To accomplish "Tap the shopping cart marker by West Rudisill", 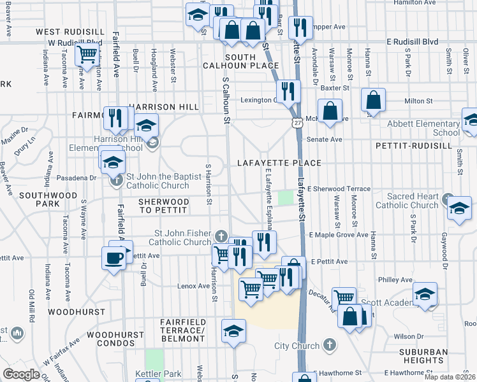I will point(86,55).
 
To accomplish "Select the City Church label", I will point(297,346).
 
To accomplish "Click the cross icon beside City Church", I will point(329,345).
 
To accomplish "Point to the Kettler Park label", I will point(158,374).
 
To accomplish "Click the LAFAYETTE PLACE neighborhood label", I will point(279,163).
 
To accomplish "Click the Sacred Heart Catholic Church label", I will point(407,201).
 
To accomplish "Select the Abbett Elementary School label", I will point(428,129).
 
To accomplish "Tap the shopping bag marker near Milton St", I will point(374,99).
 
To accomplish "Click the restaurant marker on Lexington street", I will point(289,91).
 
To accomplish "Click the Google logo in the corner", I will point(20,374).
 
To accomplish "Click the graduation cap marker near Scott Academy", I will point(425,294).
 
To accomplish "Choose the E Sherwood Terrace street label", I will point(339,189).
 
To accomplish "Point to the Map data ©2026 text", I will point(450,377).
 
